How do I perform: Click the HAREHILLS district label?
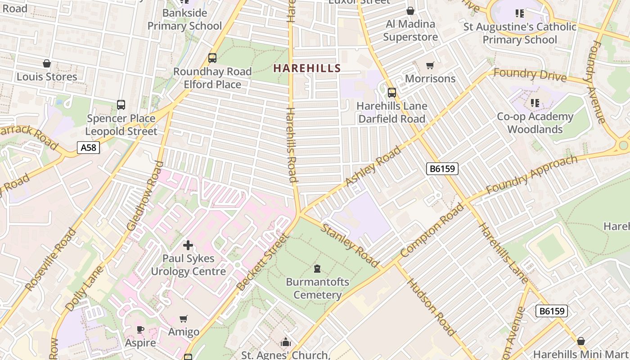coord(307,68)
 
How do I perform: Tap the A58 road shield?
coord(88,147)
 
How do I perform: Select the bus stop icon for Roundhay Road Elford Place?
coord(212,58)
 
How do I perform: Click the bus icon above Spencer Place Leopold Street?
coord(121,105)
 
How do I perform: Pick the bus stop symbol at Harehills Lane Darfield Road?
coord(391,93)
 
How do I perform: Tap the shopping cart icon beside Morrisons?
coord(430,66)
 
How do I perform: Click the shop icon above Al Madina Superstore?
coord(410,10)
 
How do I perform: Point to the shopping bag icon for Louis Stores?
coord(47,63)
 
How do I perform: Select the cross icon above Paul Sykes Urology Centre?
coord(188,245)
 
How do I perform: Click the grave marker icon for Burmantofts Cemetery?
coord(317,269)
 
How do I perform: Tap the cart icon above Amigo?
coord(183,319)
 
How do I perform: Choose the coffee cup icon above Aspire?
coord(140,329)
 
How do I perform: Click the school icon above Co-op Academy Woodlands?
coord(535,103)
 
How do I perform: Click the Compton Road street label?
coord(431,231)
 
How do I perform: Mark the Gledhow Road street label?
coord(145,196)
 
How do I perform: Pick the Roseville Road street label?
coord(51,260)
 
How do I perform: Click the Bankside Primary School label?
coord(184,19)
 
